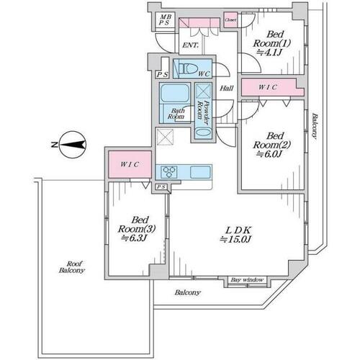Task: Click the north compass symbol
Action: (73, 145)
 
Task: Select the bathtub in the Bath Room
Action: (175, 93)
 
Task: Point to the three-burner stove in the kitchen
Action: (169, 172)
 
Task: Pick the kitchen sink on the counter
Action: (200, 172)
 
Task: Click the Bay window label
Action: (247, 280)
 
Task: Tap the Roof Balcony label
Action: (72, 267)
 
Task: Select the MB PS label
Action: (165, 19)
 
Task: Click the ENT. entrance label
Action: (190, 45)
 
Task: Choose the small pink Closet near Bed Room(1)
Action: (230, 20)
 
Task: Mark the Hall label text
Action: (227, 89)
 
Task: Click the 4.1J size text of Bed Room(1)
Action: (269, 53)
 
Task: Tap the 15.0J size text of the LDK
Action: (235, 239)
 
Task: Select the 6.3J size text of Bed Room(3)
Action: (134, 238)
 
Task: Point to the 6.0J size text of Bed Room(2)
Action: (269, 154)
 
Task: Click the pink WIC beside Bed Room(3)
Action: (130, 164)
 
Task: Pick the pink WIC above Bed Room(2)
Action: (273, 87)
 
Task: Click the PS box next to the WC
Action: (163, 75)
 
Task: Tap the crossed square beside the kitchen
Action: (165, 138)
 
